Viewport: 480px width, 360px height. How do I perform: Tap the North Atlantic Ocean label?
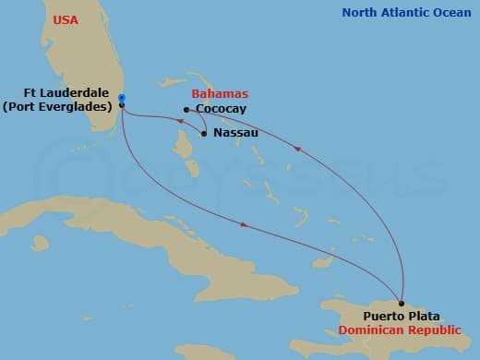point(405,12)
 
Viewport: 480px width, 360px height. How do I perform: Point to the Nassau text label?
point(234,133)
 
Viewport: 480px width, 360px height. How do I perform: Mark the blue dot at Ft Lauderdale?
point(122,98)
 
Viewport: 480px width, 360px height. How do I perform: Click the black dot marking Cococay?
point(186,110)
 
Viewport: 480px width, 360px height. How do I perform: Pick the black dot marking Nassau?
point(204,134)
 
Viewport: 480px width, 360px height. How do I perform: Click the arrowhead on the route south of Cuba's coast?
point(242,224)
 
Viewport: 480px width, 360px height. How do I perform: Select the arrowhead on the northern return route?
point(295,145)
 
